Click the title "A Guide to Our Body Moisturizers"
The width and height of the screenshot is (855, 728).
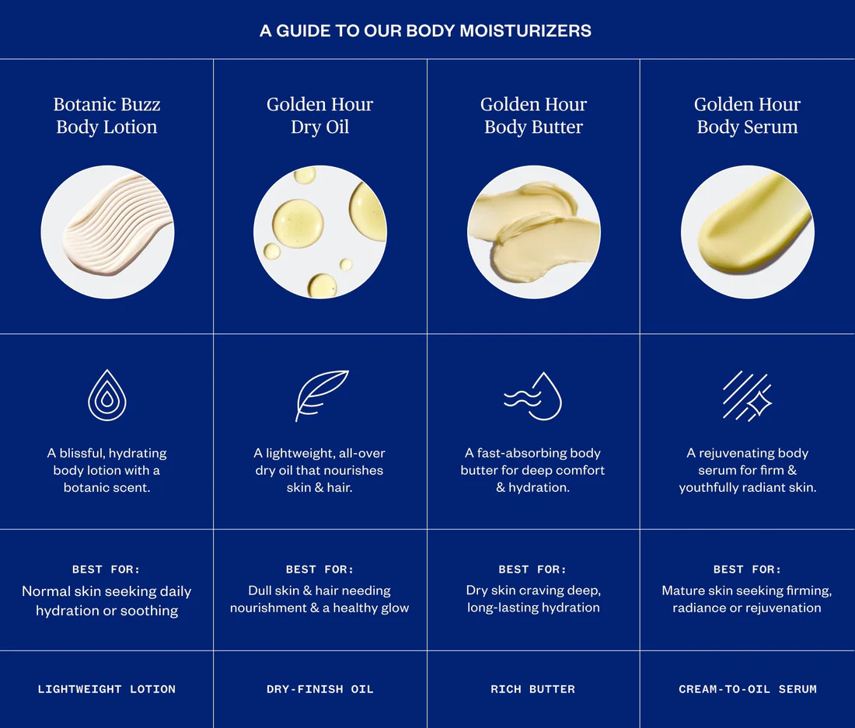425,30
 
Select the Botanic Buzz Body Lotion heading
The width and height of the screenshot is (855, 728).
107,116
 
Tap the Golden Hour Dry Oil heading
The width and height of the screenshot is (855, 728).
320,116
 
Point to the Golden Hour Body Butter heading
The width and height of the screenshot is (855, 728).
534,116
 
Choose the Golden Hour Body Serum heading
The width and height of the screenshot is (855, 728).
748,116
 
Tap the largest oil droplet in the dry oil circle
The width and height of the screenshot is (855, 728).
298,224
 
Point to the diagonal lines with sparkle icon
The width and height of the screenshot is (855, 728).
747,396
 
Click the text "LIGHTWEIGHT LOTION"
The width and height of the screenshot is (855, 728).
107,689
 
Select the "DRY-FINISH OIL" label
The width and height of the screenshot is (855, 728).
320,689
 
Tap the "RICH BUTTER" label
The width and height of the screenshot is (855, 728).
532,689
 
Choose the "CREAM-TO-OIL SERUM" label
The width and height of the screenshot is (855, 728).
748,689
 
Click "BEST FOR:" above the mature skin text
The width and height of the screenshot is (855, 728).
747,570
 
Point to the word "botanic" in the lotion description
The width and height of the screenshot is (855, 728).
85,488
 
